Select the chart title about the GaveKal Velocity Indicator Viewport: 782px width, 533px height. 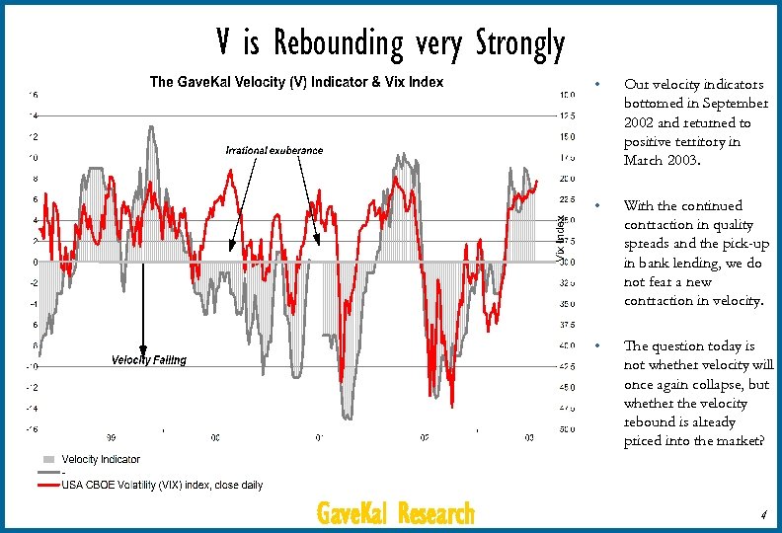coord(296,82)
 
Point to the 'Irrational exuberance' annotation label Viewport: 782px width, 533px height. coord(274,150)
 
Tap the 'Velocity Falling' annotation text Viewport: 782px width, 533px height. coord(147,360)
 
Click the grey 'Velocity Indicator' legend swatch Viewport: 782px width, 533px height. coord(48,459)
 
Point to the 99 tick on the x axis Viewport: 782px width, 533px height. coord(112,437)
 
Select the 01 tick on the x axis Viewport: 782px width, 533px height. coord(319,437)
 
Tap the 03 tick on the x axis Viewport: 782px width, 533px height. coord(528,437)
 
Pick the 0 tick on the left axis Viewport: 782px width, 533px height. coord(36,263)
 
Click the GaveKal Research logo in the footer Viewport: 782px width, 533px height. coord(395,514)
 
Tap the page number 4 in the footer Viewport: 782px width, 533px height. coord(763,514)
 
